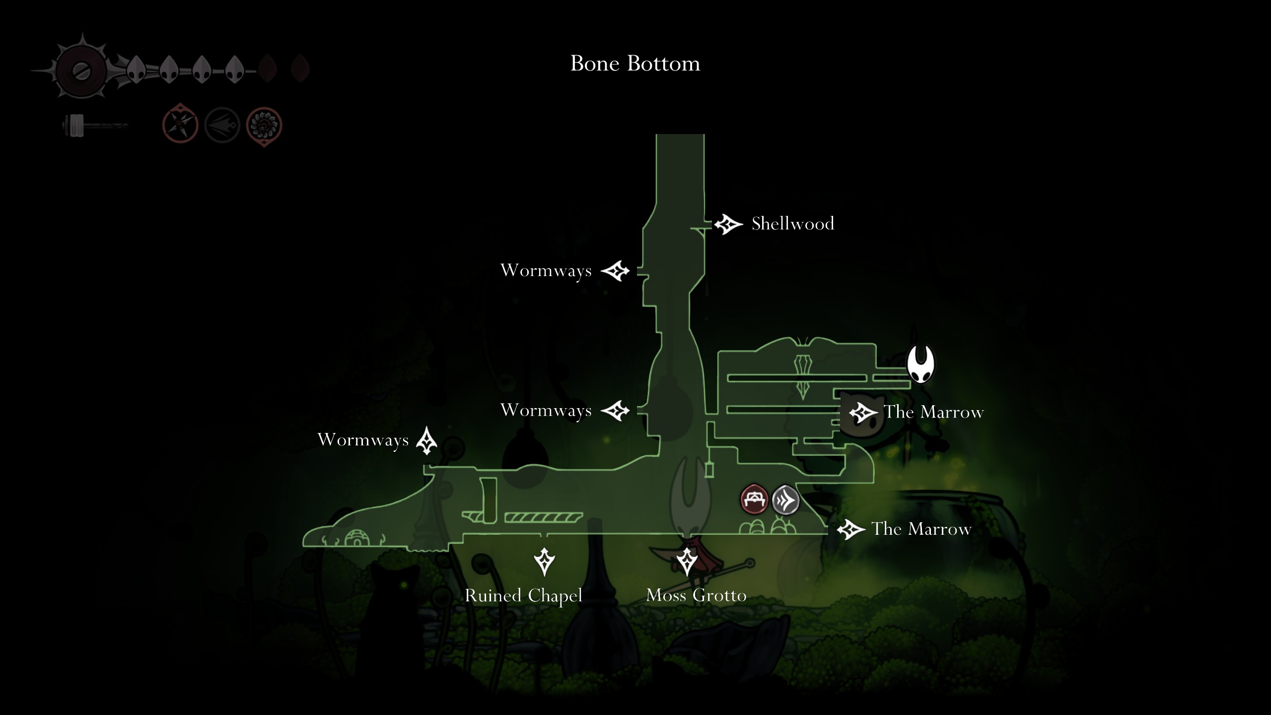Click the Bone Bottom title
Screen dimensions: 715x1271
point(635,64)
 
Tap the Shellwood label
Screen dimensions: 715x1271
point(793,224)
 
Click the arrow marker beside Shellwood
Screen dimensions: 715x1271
point(728,224)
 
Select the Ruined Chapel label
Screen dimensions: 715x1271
point(523,596)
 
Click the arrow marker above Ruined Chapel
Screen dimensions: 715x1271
point(544,562)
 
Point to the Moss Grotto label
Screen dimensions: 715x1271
point(696,595)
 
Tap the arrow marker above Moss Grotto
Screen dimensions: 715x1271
point(687,562)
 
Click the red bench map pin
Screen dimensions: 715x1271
point(754,499)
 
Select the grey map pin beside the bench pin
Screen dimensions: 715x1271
point(786,500)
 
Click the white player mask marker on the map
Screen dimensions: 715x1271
point(920,364)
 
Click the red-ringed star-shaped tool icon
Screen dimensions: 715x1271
point(180,125)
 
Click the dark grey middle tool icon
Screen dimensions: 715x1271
point(222,125)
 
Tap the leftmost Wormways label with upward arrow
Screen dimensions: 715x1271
point(363,440)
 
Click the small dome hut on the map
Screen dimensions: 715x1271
point(356,538)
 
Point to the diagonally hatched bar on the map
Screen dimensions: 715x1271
point(544,518)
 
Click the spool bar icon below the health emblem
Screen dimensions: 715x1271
point(94,126)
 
